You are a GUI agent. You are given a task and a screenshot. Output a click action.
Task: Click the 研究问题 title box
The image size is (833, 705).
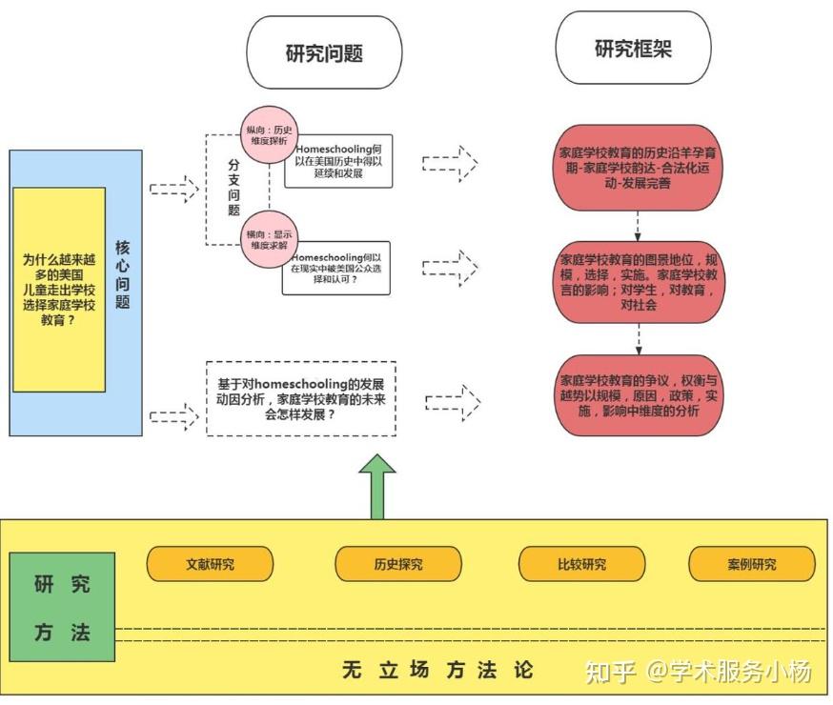click(324, 52)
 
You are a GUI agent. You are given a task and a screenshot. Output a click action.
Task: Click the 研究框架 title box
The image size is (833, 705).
click(633, 50)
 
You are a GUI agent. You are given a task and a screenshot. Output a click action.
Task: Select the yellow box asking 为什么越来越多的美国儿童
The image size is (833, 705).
click(59, 290)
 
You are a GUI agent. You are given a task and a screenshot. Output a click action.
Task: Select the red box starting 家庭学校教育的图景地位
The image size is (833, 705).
click(639, 282)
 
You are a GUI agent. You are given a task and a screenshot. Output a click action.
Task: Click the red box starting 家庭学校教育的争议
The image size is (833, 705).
click(638, 394)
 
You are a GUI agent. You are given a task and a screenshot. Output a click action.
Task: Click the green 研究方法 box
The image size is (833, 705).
click(62, 607)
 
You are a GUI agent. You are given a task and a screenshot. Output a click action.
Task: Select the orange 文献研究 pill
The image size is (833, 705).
click(210, 563)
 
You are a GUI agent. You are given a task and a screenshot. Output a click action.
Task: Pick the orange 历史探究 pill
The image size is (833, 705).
click(398, 563)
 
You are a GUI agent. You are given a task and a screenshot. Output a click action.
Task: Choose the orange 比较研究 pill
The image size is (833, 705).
click(581, 563)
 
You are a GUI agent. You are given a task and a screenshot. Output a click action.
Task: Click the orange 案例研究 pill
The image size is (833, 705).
click(751, 563)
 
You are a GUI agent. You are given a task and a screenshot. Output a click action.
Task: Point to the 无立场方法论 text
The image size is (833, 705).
click(437, 670)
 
